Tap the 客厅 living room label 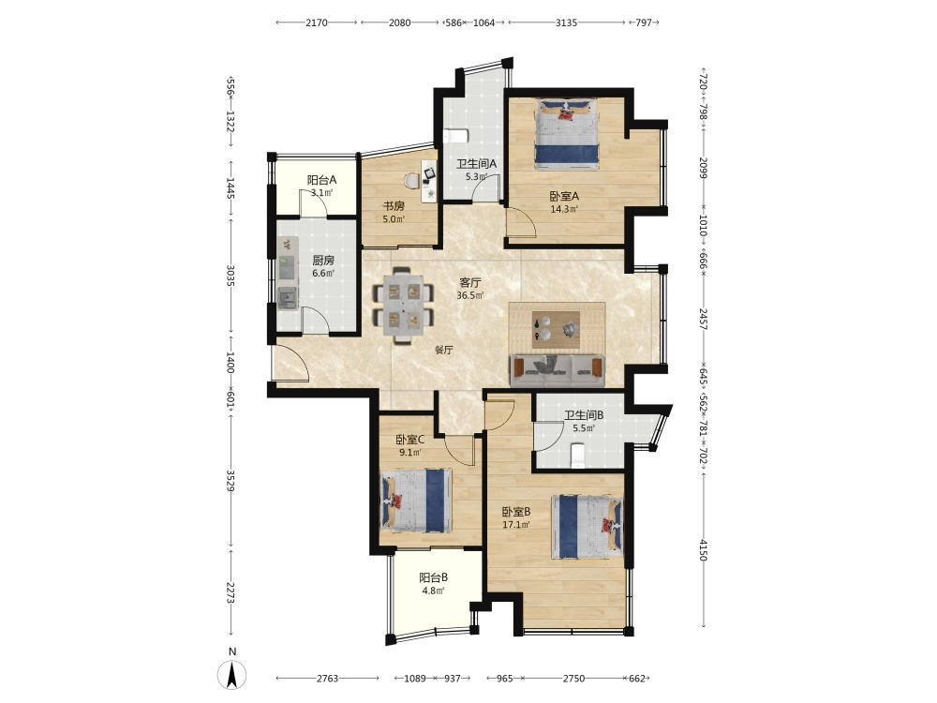pyautogui.click(x=469, y=282)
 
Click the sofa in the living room pyautogui.click(x=557, y=370)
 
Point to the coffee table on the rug pyautogui.click(x=557, y=329)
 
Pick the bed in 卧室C pyautogui.click(x=416, y=501)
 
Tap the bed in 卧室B pyautogui.click(x=587, y=526)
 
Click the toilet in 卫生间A pyautogui.click(x=454, y=135)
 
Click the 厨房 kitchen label pyautogui.click(x=323, y=260)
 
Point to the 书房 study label pyautogui.click(x=394, y=206)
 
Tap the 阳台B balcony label pyautogui.click(x=433, y=577)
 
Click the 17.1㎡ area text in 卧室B pyautogui.click(x=516, y=525)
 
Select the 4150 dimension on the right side pyautogui.click(x=704, y=550)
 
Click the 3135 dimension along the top pyautogui.click(x=567, y=22)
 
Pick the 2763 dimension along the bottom pyautogui.click(x=327, y=678)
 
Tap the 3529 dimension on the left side pyautogui.click(x=231, y=481)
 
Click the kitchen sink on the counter pyautogui.click(x=288, y=298)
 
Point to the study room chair pyautogui.click(x=411, y=179)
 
